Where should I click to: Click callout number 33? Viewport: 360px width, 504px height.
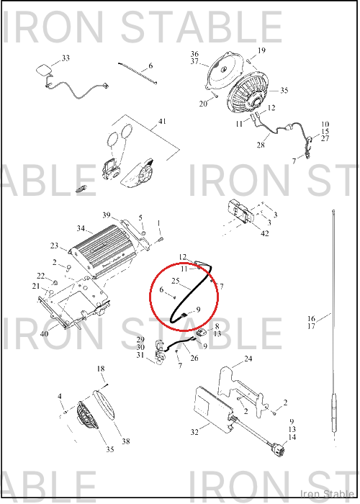pos(66,58)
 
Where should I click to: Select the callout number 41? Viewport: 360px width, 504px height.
pos(162,121)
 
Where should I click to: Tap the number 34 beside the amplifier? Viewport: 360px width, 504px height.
pos(81,228)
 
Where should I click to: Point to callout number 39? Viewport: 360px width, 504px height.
pos(107,215)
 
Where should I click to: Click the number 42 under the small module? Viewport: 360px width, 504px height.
pos(264,234)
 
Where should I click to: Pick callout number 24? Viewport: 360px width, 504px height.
pos(248,359)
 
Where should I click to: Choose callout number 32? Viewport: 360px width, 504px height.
pos(194,432)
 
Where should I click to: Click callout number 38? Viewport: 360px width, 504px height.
pos(126,441)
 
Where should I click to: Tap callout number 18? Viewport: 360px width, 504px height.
pos(101,369)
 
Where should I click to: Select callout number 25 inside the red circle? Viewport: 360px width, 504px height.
pos(175,281)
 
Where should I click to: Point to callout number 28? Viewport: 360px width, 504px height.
pos(261,145)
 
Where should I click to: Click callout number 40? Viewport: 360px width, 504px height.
pos(44,333)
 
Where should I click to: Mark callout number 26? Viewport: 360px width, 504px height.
pos(194,358)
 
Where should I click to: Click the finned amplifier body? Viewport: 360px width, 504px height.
pos(103,251)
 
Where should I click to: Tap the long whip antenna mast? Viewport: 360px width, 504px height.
pos(334,325)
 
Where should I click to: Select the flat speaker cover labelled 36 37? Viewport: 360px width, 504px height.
pos(222,71)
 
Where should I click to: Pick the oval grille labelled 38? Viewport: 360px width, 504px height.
pos(104,405)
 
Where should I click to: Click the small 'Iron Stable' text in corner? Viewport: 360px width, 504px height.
pos(327,494)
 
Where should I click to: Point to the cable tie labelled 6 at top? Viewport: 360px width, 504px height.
pos(138,73)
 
